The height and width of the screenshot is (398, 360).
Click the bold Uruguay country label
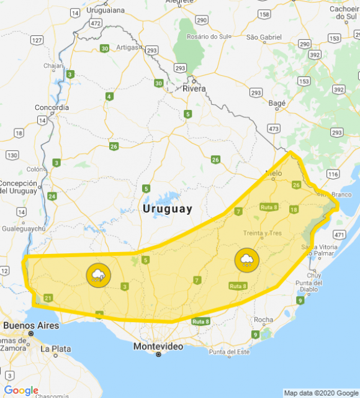click(168, 209)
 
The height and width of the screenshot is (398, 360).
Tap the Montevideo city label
click(158, 346)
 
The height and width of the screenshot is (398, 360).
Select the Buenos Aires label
click(31, 325)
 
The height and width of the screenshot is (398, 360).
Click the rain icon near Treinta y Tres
click(246, 260)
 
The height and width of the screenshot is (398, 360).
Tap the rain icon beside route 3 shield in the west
click(98, 275)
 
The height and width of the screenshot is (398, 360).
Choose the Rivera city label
click(194, 89)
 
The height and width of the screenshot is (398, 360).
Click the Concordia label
click(52, 107)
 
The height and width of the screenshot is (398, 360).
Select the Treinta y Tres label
click(267, 233)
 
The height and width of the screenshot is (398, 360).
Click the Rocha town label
click(264, 320)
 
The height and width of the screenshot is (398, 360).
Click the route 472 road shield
click(95, 22)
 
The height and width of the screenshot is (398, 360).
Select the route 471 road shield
click(339, 234)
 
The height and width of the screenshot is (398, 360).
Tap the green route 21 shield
click(48, 299)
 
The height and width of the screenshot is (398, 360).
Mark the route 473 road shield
click(272, 129)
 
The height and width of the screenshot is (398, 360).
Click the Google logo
click(21, 390)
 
